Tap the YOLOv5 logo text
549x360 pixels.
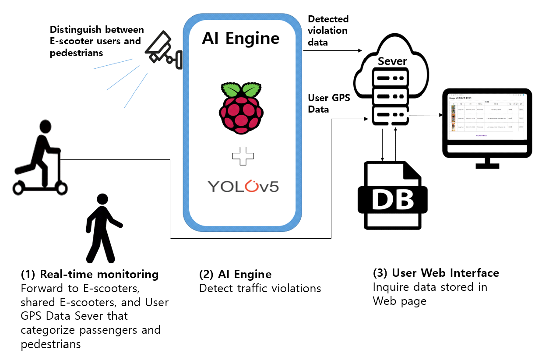[x=243, y=186]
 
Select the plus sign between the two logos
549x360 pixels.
[x=243, y=157]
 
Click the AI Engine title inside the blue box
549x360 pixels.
[x=241, y=38]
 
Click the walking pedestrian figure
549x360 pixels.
[x=102, y=228]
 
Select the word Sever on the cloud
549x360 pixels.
[x=392, y=61]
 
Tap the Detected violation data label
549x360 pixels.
[x=328, y=31]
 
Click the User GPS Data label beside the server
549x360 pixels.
[x=329, y=103]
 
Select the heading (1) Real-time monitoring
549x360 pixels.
[x=90, y=275]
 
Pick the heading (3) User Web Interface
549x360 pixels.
[x=436, y=273]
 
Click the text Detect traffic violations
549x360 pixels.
[x=260, y=288]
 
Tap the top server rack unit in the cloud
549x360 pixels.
[x=391, y=78]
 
